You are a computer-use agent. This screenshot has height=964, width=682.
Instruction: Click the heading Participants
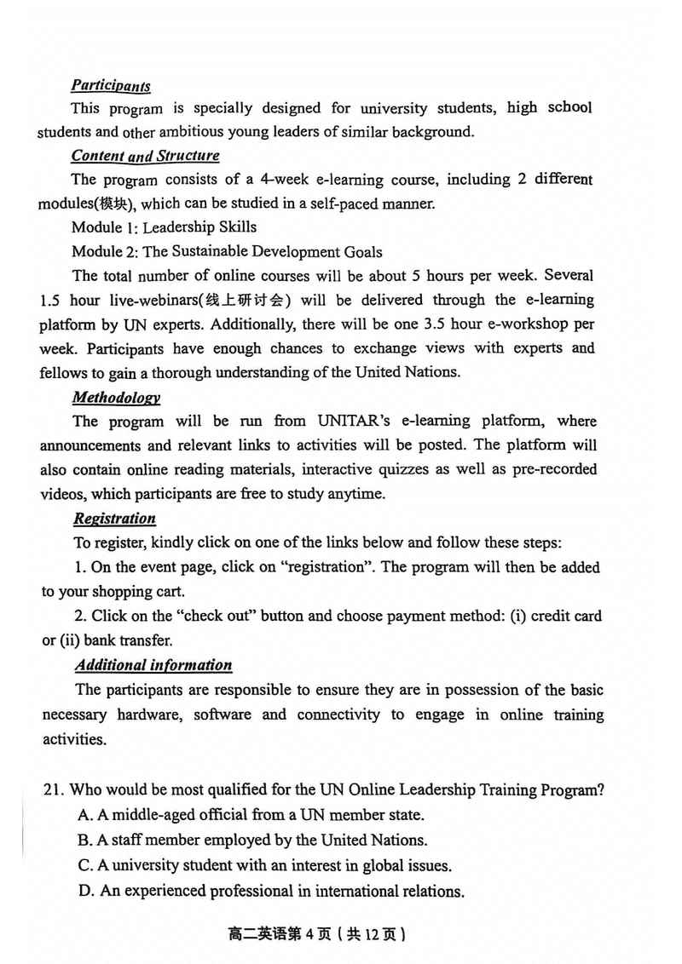pyautogui.click(x=111, y=85)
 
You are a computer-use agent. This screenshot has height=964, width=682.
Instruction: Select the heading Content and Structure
pyautogui.click(x=145, y=156)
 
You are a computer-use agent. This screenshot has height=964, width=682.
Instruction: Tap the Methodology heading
pyautogui.click(x=116, y=398)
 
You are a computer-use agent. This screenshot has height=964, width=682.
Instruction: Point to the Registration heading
pyautogui.click(x=114, y=519)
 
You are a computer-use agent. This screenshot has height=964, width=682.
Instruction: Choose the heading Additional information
pyautogui.click(x=153, y=665)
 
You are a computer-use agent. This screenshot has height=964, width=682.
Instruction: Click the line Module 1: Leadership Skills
pyautogui.click(x=164, y=227)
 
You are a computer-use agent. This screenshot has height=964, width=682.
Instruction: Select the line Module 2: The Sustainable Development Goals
pyautogui.click(x=227, y=251)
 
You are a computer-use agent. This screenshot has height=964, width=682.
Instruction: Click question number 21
pyautogui.click(x=53, y=790)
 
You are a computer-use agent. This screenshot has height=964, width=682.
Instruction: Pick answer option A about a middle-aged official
pyautogui.click(x=251, y=815)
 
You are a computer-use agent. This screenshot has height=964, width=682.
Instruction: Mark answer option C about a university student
pyautogui.click(x=263, y=866)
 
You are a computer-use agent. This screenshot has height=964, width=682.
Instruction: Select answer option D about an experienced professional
pyautogui.click(x=270, y=892)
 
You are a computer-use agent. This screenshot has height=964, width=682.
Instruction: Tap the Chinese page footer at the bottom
pyautogui.click(x=316, y=934)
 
